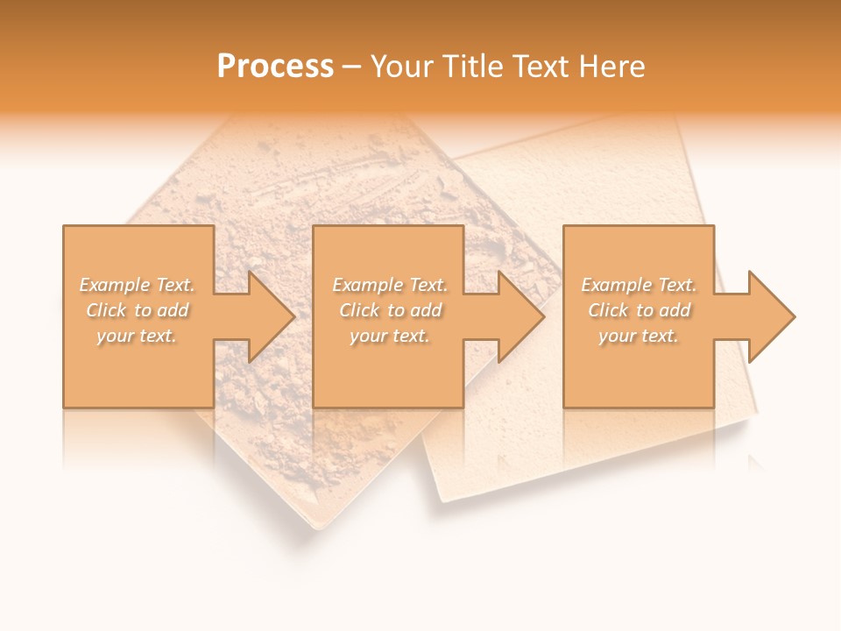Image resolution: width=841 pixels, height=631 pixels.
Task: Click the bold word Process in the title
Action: click(x=275, y=67)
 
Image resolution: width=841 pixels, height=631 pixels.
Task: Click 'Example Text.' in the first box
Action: click(x=137, y=285)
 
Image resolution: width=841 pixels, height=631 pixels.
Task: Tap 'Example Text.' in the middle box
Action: click(x=390, y=285)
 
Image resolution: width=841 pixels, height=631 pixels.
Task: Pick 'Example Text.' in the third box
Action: click(x=639, y=285)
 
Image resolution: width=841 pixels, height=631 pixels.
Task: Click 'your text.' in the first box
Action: click(x=137, y=336)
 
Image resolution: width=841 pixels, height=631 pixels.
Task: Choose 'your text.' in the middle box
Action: click(x=390, y=336)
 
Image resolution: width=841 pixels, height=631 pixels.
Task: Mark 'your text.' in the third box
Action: click(x=639, y=336)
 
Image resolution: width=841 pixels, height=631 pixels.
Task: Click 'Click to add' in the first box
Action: click(x=137, y=310)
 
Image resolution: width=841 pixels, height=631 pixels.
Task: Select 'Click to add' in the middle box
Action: click(x=390, y=310)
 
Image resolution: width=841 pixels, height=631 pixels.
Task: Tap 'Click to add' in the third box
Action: click(x=639, y=310)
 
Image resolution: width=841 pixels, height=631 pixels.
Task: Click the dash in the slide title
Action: click(x=352, y=67)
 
